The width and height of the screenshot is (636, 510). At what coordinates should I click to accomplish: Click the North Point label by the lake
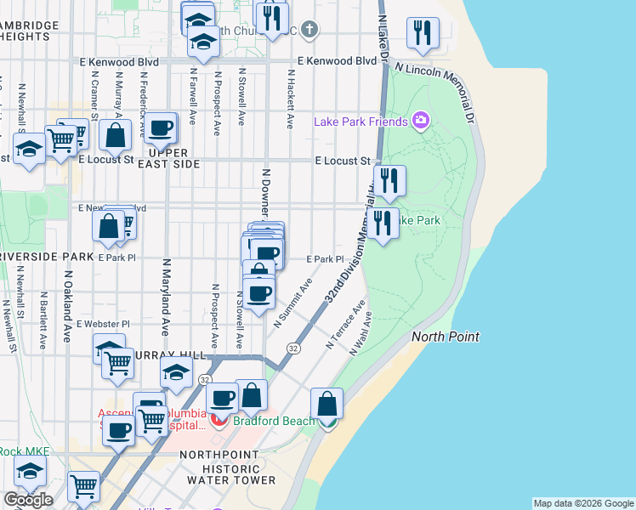446,337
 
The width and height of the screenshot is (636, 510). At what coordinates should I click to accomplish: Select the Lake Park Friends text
361,122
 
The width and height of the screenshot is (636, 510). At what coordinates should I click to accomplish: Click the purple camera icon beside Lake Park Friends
420,121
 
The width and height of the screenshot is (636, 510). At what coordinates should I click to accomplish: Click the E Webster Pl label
103,324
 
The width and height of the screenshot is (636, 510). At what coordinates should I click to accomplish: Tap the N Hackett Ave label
291,99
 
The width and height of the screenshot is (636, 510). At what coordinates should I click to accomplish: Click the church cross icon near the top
310,31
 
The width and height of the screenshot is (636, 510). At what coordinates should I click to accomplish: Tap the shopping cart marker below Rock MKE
83,487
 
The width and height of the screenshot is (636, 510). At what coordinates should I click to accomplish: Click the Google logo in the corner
28,500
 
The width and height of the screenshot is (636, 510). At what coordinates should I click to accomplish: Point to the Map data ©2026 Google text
583,503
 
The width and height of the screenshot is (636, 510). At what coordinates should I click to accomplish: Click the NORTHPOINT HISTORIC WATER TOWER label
228,467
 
